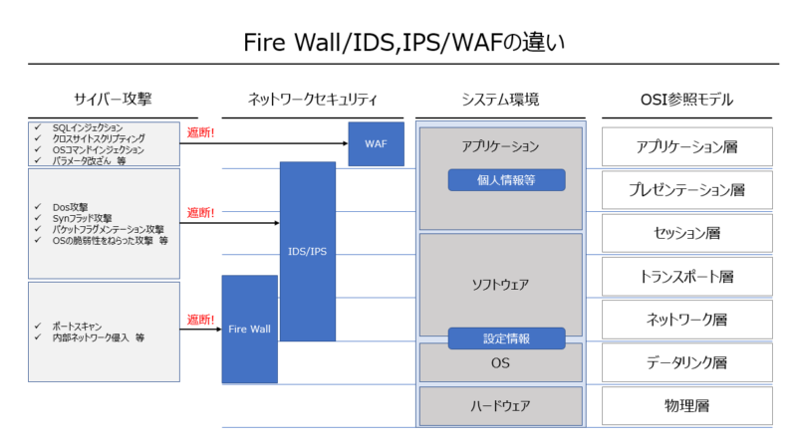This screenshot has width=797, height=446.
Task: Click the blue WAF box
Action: pos(376,143)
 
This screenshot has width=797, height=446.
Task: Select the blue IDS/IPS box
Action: pos(308,251)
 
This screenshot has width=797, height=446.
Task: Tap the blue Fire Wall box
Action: pos(250,329)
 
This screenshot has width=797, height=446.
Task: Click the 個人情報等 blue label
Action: pos(506,180)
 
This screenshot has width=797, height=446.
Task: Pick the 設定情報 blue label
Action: pos(506,338)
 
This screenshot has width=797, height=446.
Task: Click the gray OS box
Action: pos(500,363)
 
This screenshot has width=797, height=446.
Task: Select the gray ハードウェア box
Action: pos(500,405)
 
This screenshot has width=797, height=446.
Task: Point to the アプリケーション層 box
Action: pos(686,146)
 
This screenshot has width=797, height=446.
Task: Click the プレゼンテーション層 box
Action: pos(686,189)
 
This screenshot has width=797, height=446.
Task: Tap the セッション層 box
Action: pos(686,233)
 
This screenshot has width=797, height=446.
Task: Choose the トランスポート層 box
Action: pos(686,276)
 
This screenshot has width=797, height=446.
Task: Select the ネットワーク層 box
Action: pos(686,320)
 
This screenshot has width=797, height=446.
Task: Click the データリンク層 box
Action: pos(686,362)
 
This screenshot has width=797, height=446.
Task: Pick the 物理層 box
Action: pos(686,405)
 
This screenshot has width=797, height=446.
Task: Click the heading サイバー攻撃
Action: pos(113,99)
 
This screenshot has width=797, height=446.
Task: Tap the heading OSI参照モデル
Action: pos(686,99)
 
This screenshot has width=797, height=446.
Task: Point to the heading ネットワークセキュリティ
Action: pos(312,99)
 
